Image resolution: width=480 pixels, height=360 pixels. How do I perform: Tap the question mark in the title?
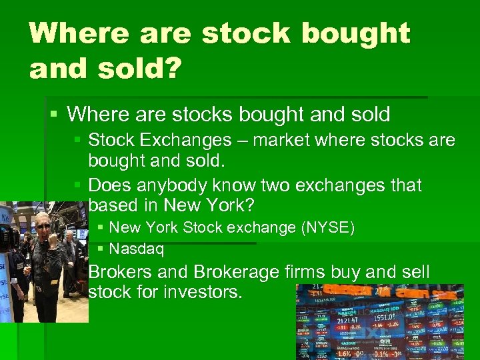tap(171, 68)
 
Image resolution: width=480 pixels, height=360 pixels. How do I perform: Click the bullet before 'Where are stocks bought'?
tap(55, 115)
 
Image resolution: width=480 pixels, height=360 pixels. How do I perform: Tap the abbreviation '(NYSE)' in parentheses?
tap(328, 228)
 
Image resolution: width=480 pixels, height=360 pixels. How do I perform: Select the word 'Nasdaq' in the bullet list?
tap(137, 250)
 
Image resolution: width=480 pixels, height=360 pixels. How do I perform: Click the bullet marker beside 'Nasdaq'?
tap(100, 250)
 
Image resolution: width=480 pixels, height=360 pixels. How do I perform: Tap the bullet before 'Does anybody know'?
tap(78, 185)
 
